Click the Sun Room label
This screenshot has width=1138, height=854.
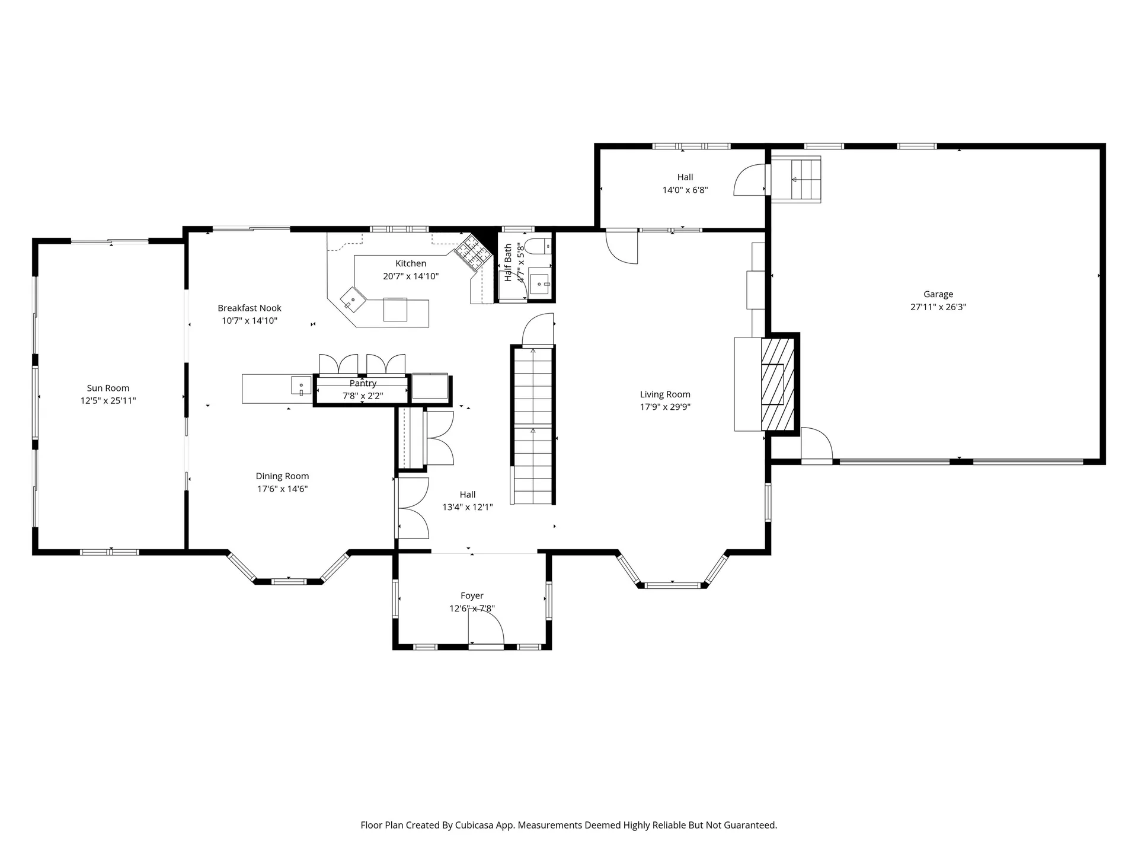(x=108, y=388)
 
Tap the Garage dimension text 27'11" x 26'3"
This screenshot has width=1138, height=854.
(x=938, y=307)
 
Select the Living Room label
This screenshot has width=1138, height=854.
(x=665, y=394)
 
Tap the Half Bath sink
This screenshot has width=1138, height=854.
(x=540, y=285)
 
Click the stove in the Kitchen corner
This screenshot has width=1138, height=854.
(x=474, y=251)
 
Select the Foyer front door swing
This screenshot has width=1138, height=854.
(x=486, y=627)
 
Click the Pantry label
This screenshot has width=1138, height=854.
(x=363, y=384)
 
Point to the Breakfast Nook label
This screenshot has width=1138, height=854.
(x=250, y=308)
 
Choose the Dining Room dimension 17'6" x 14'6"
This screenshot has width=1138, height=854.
(x=282, y=489)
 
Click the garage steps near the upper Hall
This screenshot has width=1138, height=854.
(x=795, y=179)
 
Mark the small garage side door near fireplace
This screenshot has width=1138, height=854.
(x=817, y=444)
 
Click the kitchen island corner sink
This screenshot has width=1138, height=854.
(x=352, y=299)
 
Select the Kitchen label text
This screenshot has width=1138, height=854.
(x=411, y=263)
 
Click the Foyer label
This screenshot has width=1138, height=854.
(x=472, y=595)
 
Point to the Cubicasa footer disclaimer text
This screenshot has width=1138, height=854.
(x=568, y=825)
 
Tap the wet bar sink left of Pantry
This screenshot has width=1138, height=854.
(x=301, y=386)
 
